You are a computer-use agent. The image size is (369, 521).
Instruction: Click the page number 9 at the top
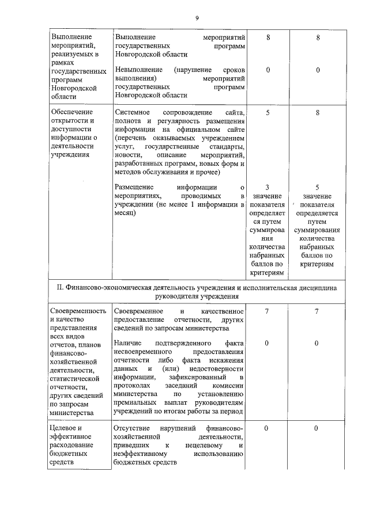coord(197,18)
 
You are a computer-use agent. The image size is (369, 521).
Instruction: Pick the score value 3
coord(268,188)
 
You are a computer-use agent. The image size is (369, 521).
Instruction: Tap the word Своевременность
coord(78,311)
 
